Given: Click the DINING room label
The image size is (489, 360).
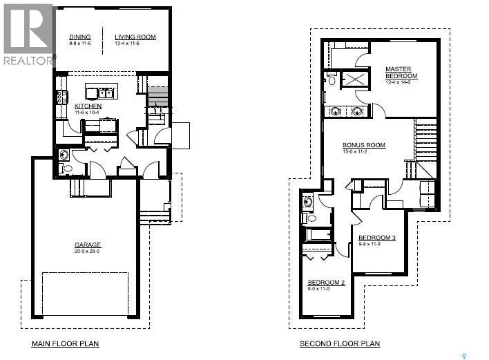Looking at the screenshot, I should (80, 37).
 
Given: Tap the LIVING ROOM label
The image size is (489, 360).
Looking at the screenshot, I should (135, 37).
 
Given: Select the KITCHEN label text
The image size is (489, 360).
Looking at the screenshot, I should (88, 106).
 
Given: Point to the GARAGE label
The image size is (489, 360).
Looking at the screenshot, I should (88, 245).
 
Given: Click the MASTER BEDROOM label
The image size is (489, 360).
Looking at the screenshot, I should (399, 73).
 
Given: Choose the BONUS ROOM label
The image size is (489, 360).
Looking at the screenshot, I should (364, 145).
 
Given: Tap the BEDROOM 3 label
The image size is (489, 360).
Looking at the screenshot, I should (376, 238).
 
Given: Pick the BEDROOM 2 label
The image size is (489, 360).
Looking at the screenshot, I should (326, 282).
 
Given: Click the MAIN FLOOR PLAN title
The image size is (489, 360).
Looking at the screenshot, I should (65, 343).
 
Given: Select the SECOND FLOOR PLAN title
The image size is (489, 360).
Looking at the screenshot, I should (339, 343).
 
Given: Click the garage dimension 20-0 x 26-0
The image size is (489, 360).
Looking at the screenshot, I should (88, 251).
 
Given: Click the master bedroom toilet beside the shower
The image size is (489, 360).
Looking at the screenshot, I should (331, 81).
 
